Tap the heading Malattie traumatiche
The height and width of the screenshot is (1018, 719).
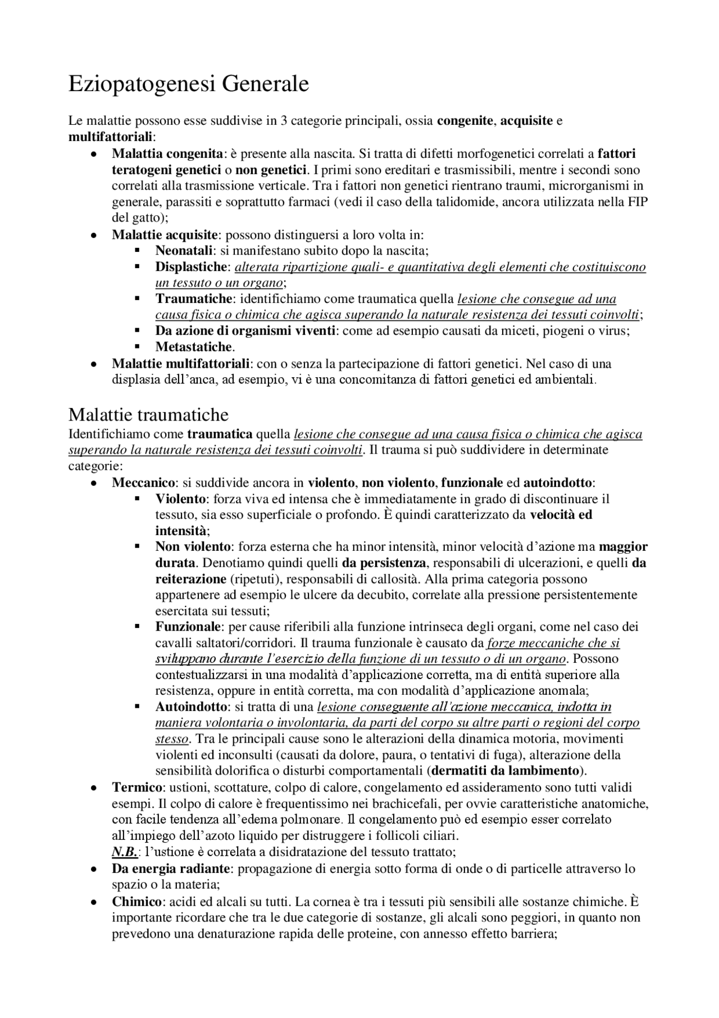coord(148,415)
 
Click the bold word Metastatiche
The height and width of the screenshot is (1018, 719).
coord(194,347)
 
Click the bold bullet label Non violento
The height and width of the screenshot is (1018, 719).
coord(193,546)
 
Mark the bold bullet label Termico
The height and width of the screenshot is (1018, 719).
coord(137,787)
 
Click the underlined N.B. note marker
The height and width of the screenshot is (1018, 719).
coord(125,852)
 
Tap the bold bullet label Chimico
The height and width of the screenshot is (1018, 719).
coord(137,902)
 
